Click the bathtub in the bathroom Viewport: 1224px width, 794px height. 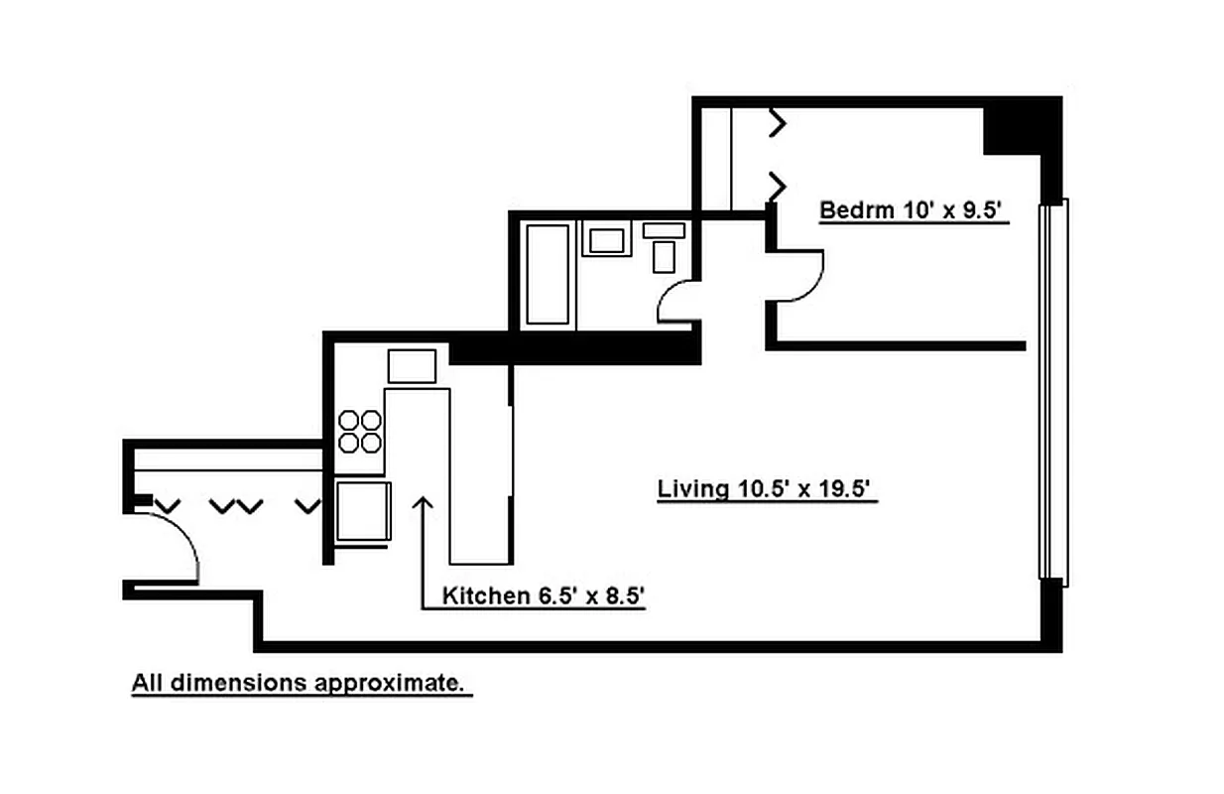pos(548,275)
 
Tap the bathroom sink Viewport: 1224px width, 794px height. pos(607,239)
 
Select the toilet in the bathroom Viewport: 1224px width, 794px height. pos(664,247)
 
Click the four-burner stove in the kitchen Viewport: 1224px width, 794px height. pos(360,432)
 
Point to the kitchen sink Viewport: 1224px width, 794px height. pos(412,366)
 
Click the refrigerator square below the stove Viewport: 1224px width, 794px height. pos(363,511)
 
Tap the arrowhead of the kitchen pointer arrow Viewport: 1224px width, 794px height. pos(423,502)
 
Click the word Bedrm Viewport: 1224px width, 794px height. pos(857,210)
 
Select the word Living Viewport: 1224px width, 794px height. pos(693,489)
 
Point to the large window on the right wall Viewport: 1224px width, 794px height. pos(1053,393)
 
